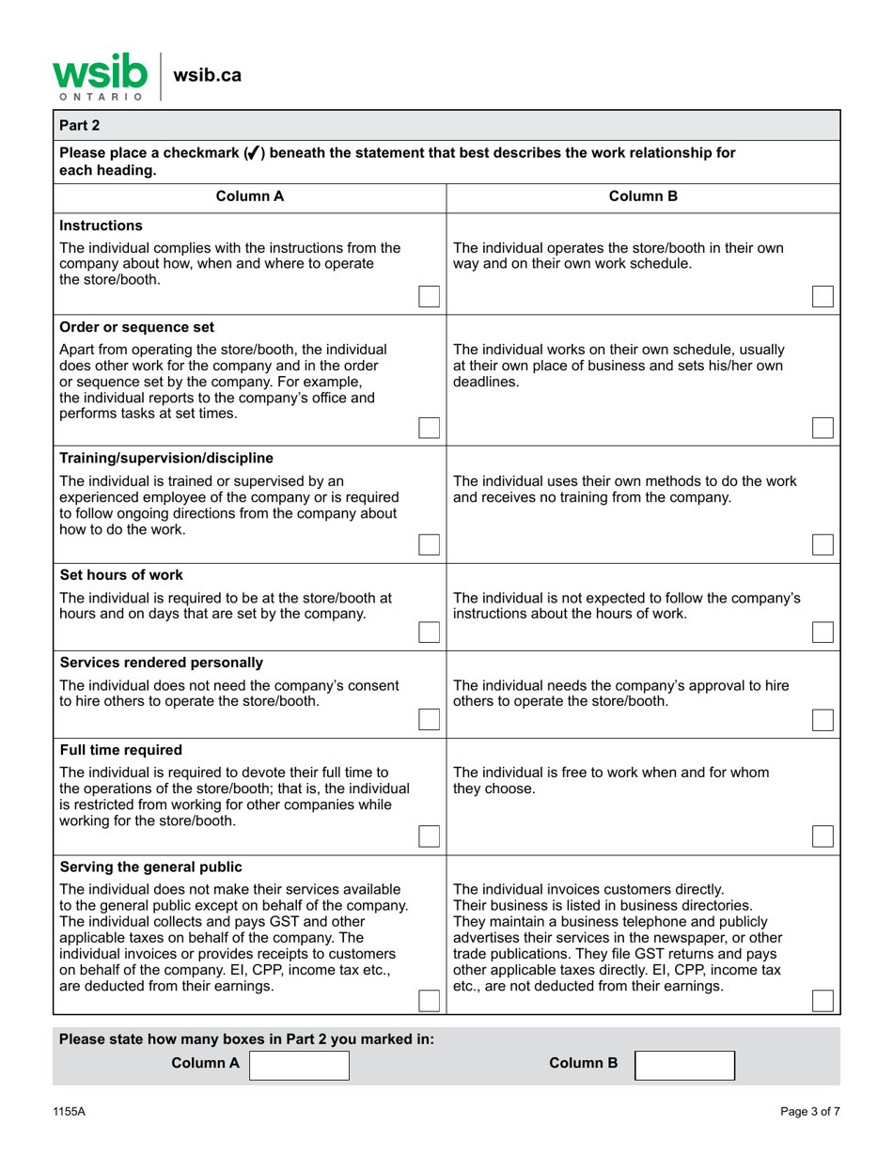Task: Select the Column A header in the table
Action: click(249, 196)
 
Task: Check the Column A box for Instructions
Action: click(429, 296)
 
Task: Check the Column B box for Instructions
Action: click(822, 296)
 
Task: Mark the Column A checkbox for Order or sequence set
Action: click(429, 428)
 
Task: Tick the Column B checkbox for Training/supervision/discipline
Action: click(822, 545)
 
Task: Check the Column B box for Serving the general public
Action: click(822, 1001)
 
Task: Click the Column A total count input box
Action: click(299, 1064)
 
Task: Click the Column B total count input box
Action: click(685, 1064)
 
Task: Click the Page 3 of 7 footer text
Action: click(810, 1112)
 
